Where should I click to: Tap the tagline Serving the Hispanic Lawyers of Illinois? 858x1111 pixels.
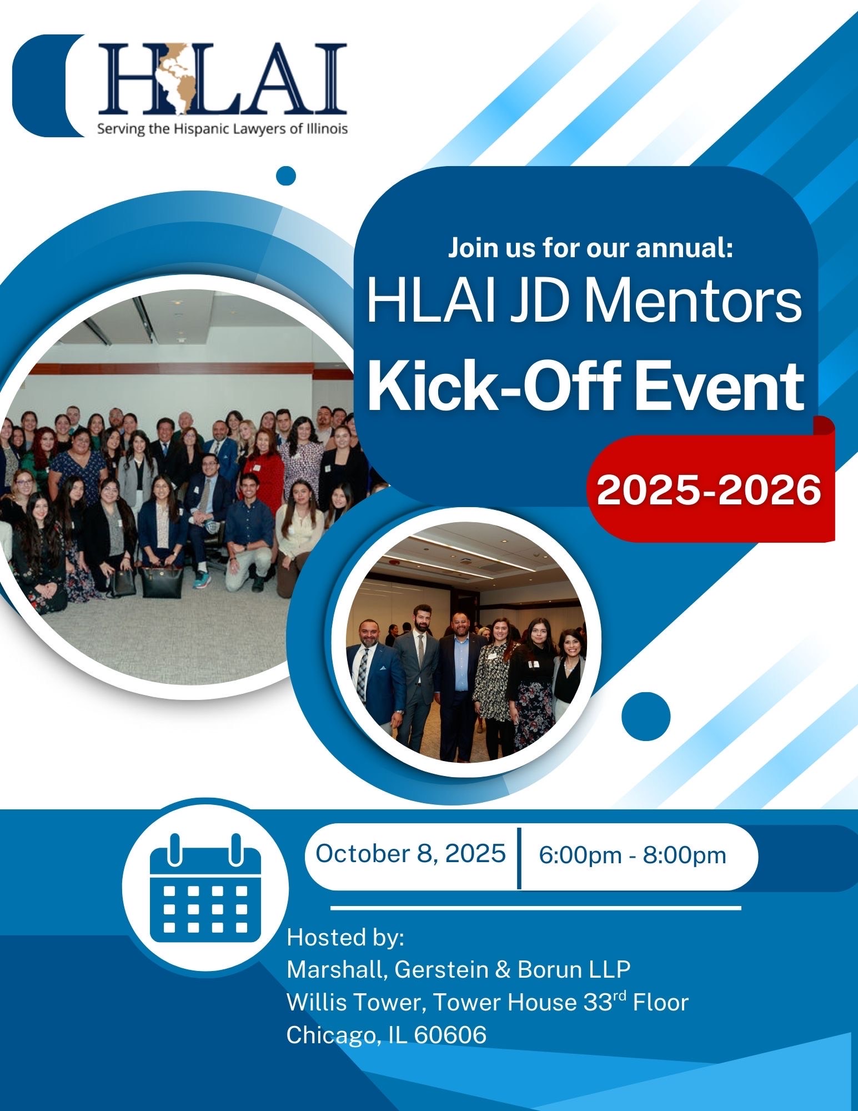pos(223,129)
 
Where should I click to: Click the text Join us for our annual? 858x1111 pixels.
pos(591,248)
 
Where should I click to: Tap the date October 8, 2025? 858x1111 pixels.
pos(410,853)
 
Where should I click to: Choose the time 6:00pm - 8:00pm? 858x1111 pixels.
pos(633,855)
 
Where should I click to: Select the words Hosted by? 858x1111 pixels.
pos(345,938)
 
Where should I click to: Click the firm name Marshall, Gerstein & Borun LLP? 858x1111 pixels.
pos(459,970)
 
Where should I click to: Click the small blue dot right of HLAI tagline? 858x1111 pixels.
pos(286,176)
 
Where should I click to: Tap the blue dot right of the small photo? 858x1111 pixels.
pos(646,717)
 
